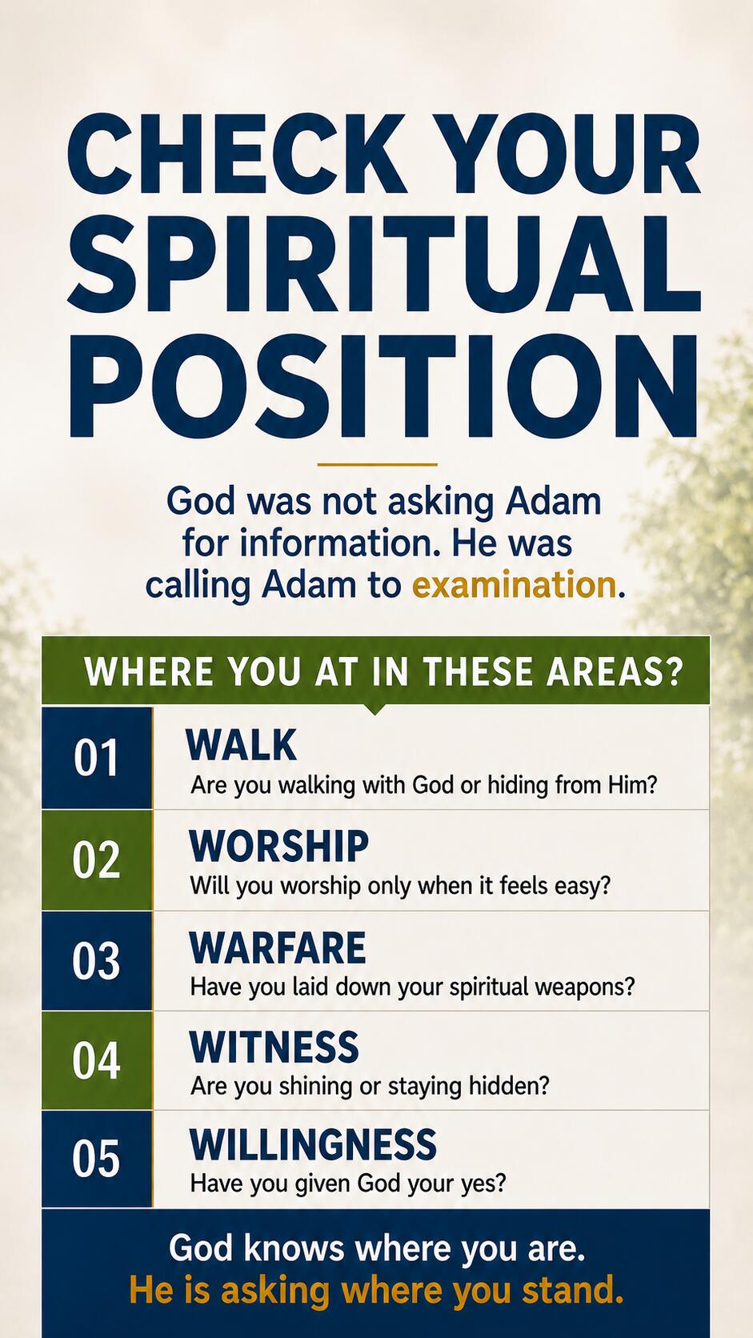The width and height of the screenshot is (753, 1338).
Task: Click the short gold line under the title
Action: coord(378,464)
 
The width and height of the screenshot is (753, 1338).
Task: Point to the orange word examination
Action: coord(514,585)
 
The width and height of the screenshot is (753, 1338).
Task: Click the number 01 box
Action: coord(98,757)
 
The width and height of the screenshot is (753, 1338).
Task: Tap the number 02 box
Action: coord(98,860)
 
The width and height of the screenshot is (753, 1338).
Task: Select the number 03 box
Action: coord(98,961)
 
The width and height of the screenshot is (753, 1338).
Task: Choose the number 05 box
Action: coord(98,1160)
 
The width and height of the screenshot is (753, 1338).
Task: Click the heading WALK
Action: coord(241,745)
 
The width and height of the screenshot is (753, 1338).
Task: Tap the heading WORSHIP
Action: coord(278,846)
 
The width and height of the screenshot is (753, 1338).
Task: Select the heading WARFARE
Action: coord(278,947)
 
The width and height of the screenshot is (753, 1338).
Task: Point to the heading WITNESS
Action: coord(274,1047)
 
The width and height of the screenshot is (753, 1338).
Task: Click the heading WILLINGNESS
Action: coord(313,1144)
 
